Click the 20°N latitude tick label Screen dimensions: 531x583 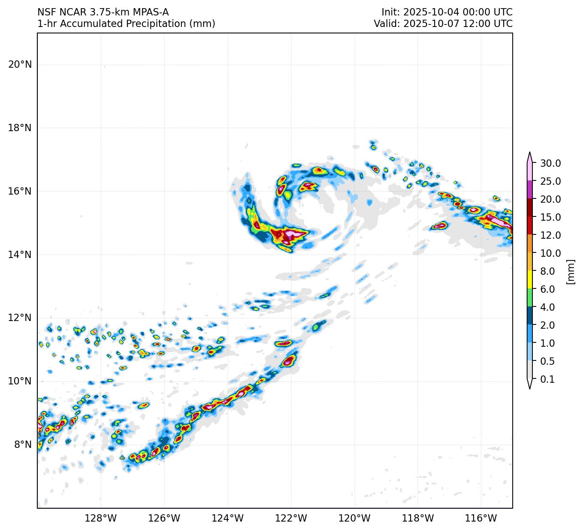tap(20, 65)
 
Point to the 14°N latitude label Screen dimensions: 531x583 tap(20, 255)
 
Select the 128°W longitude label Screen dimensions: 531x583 tap(101, 519)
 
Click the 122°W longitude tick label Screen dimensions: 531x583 tap(291, 519)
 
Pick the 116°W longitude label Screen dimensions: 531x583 tap(481, 519)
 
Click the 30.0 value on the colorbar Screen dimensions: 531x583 tap(550, 163)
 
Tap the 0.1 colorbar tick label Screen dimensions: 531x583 tap(547, 379)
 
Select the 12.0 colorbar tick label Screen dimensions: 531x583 tap(550, 235)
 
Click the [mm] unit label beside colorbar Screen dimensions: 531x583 tap(570, 272)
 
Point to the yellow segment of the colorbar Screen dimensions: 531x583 tap(530, 279)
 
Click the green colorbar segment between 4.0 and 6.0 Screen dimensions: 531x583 tap(530, 297)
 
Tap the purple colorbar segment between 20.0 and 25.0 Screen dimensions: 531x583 tap(530, 189)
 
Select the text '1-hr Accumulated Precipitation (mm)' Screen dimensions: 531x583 tap(126, 24)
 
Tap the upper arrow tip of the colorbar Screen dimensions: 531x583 tap(530, 153)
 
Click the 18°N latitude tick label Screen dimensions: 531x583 tap(20, 128)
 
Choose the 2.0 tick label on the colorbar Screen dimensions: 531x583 tap(547, 325)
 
